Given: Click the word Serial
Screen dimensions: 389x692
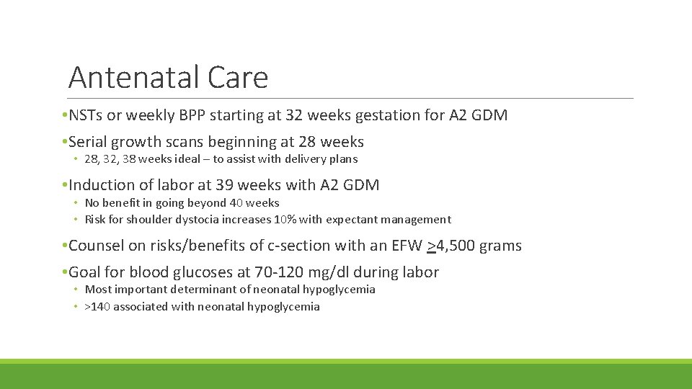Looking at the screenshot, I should click(90, 142).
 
